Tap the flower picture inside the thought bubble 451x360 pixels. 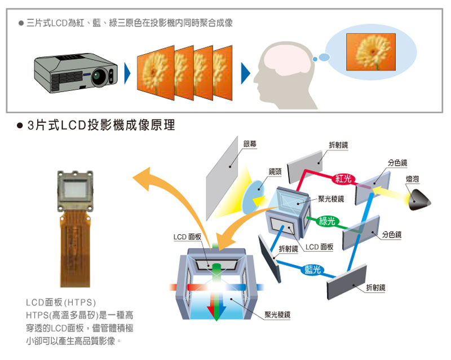[370, 52]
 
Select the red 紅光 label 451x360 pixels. [343, 179]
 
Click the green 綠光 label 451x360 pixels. [327, 221]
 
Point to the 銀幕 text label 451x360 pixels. [250, 144]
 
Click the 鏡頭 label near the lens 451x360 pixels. [275, 171]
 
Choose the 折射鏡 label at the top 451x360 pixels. [338, 145]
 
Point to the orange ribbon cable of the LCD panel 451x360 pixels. [75, 248]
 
